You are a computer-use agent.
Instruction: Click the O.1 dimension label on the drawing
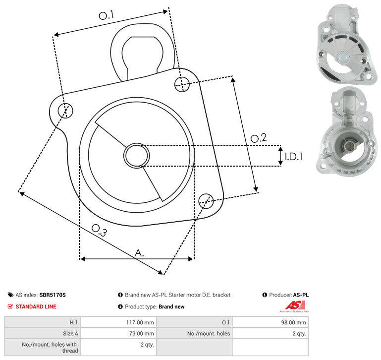pyautogui.click(x=106, y=15)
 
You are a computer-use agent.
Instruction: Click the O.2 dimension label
pyautogui.click(x=259, y=138)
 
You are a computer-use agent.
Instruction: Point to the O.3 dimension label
pyautogui.click(x=99, y=230)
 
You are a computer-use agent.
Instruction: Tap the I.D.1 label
pyautogui.click(x=294, y=157)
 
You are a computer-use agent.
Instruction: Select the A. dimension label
pyautogui.click(x=139, y=253)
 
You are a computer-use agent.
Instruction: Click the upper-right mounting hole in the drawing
pyautogui.click(x=182, y=84)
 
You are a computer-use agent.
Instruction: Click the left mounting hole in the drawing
pyautogui.click(x=65, y=111)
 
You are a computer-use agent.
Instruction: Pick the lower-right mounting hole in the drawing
pyautogui.click(x=206, y=201)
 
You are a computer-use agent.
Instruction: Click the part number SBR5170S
pyautogui.click(x=53, y=295)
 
